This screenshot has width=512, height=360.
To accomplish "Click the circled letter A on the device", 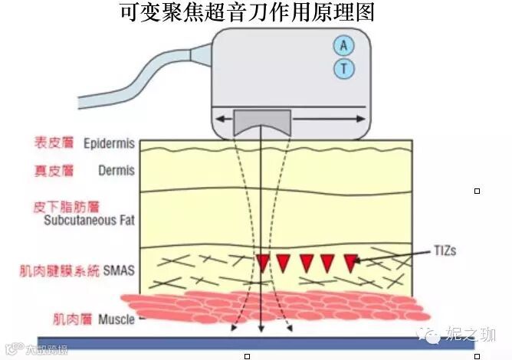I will coord(343,45).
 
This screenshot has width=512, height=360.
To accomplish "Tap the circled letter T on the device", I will coord(343,70).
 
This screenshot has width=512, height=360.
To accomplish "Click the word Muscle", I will coord(117,319).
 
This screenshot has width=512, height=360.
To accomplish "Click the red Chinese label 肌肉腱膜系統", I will coord(62,270).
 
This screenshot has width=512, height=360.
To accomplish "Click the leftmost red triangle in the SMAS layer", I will coord(263,263).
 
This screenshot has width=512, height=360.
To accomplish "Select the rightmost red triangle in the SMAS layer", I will coord(352,263).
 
